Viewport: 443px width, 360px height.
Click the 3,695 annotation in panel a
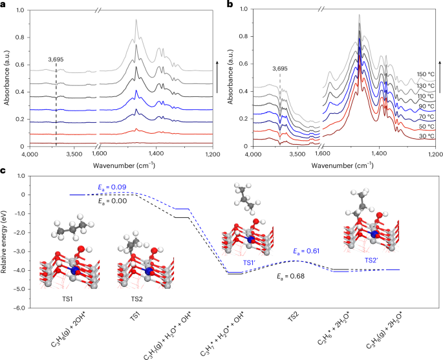57,59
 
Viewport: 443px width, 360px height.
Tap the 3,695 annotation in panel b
280,67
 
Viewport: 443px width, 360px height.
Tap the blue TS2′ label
371,260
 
